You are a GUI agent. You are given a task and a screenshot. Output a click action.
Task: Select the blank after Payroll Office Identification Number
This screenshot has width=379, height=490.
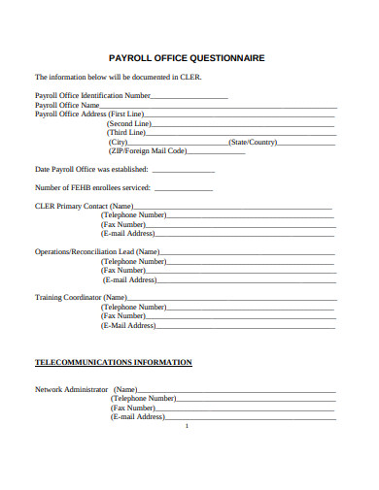click(x=189, y=96)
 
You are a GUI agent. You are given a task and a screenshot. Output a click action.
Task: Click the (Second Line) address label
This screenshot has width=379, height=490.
click(x=129, y=123)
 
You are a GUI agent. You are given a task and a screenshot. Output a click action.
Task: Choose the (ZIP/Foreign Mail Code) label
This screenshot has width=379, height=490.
click(x=147, y=151)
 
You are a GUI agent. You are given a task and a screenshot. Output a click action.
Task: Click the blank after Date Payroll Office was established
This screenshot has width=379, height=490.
click(x=184, y=170)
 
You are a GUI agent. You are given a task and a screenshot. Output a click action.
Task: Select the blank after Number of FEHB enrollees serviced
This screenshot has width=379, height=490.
click(x=183, y=187)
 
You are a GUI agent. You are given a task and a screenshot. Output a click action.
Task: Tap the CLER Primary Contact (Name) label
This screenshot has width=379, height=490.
click(x=85, y=207)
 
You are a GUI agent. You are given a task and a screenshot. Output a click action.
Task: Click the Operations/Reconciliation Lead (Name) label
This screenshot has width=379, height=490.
click(x=97, y=251)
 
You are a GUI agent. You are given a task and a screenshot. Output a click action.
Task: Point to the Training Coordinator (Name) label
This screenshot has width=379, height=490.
click(x=82, y=297)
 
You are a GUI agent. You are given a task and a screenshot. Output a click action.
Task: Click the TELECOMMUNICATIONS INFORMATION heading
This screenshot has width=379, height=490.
click(x=114, y=362)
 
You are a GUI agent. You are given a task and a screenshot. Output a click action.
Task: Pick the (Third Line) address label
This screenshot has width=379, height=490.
click(x=126, y=133)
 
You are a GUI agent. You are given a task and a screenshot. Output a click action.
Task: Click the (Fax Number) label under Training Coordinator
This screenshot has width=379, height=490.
click(x=123, y=315)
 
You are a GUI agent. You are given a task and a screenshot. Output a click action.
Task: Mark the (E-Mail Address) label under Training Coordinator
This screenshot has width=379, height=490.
click(x=127, y=325)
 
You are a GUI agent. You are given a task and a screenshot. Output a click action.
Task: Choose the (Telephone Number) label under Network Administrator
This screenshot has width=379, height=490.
click(x=143, y=398)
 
